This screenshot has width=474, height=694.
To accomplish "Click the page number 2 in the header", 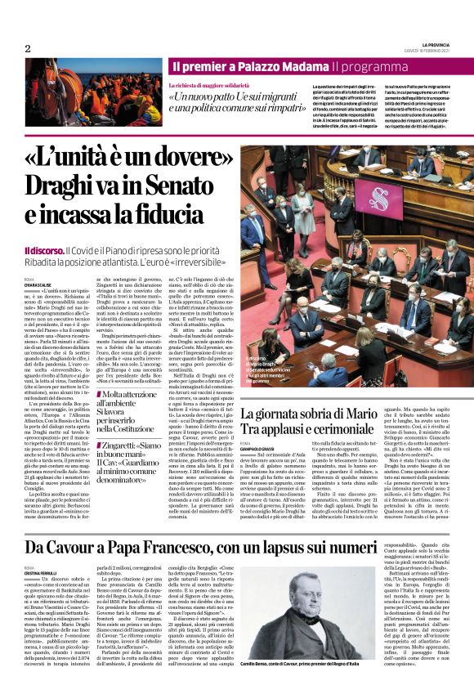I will click(x=27, y=48).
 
